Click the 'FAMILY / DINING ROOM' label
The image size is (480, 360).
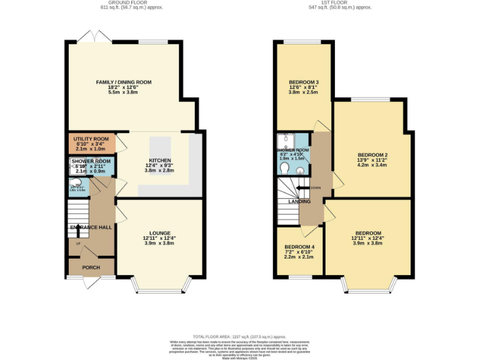point(123,82)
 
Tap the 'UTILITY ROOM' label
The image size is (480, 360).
point(91,139)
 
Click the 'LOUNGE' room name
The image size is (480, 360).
point(159,233)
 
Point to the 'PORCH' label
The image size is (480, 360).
point(91,267)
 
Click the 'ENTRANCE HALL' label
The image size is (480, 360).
point(91,227)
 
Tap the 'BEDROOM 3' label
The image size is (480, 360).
point(304,82)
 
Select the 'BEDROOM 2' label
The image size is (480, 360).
point(372,154)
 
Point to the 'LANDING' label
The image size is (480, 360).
point(298,202)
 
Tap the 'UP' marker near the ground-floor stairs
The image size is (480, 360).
point(78,244)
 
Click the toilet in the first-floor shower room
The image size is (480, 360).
point(284,168)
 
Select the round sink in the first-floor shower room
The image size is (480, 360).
point(299,169)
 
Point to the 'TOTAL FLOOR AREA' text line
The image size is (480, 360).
point(239,336)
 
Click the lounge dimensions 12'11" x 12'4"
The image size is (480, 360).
point(159,238)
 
